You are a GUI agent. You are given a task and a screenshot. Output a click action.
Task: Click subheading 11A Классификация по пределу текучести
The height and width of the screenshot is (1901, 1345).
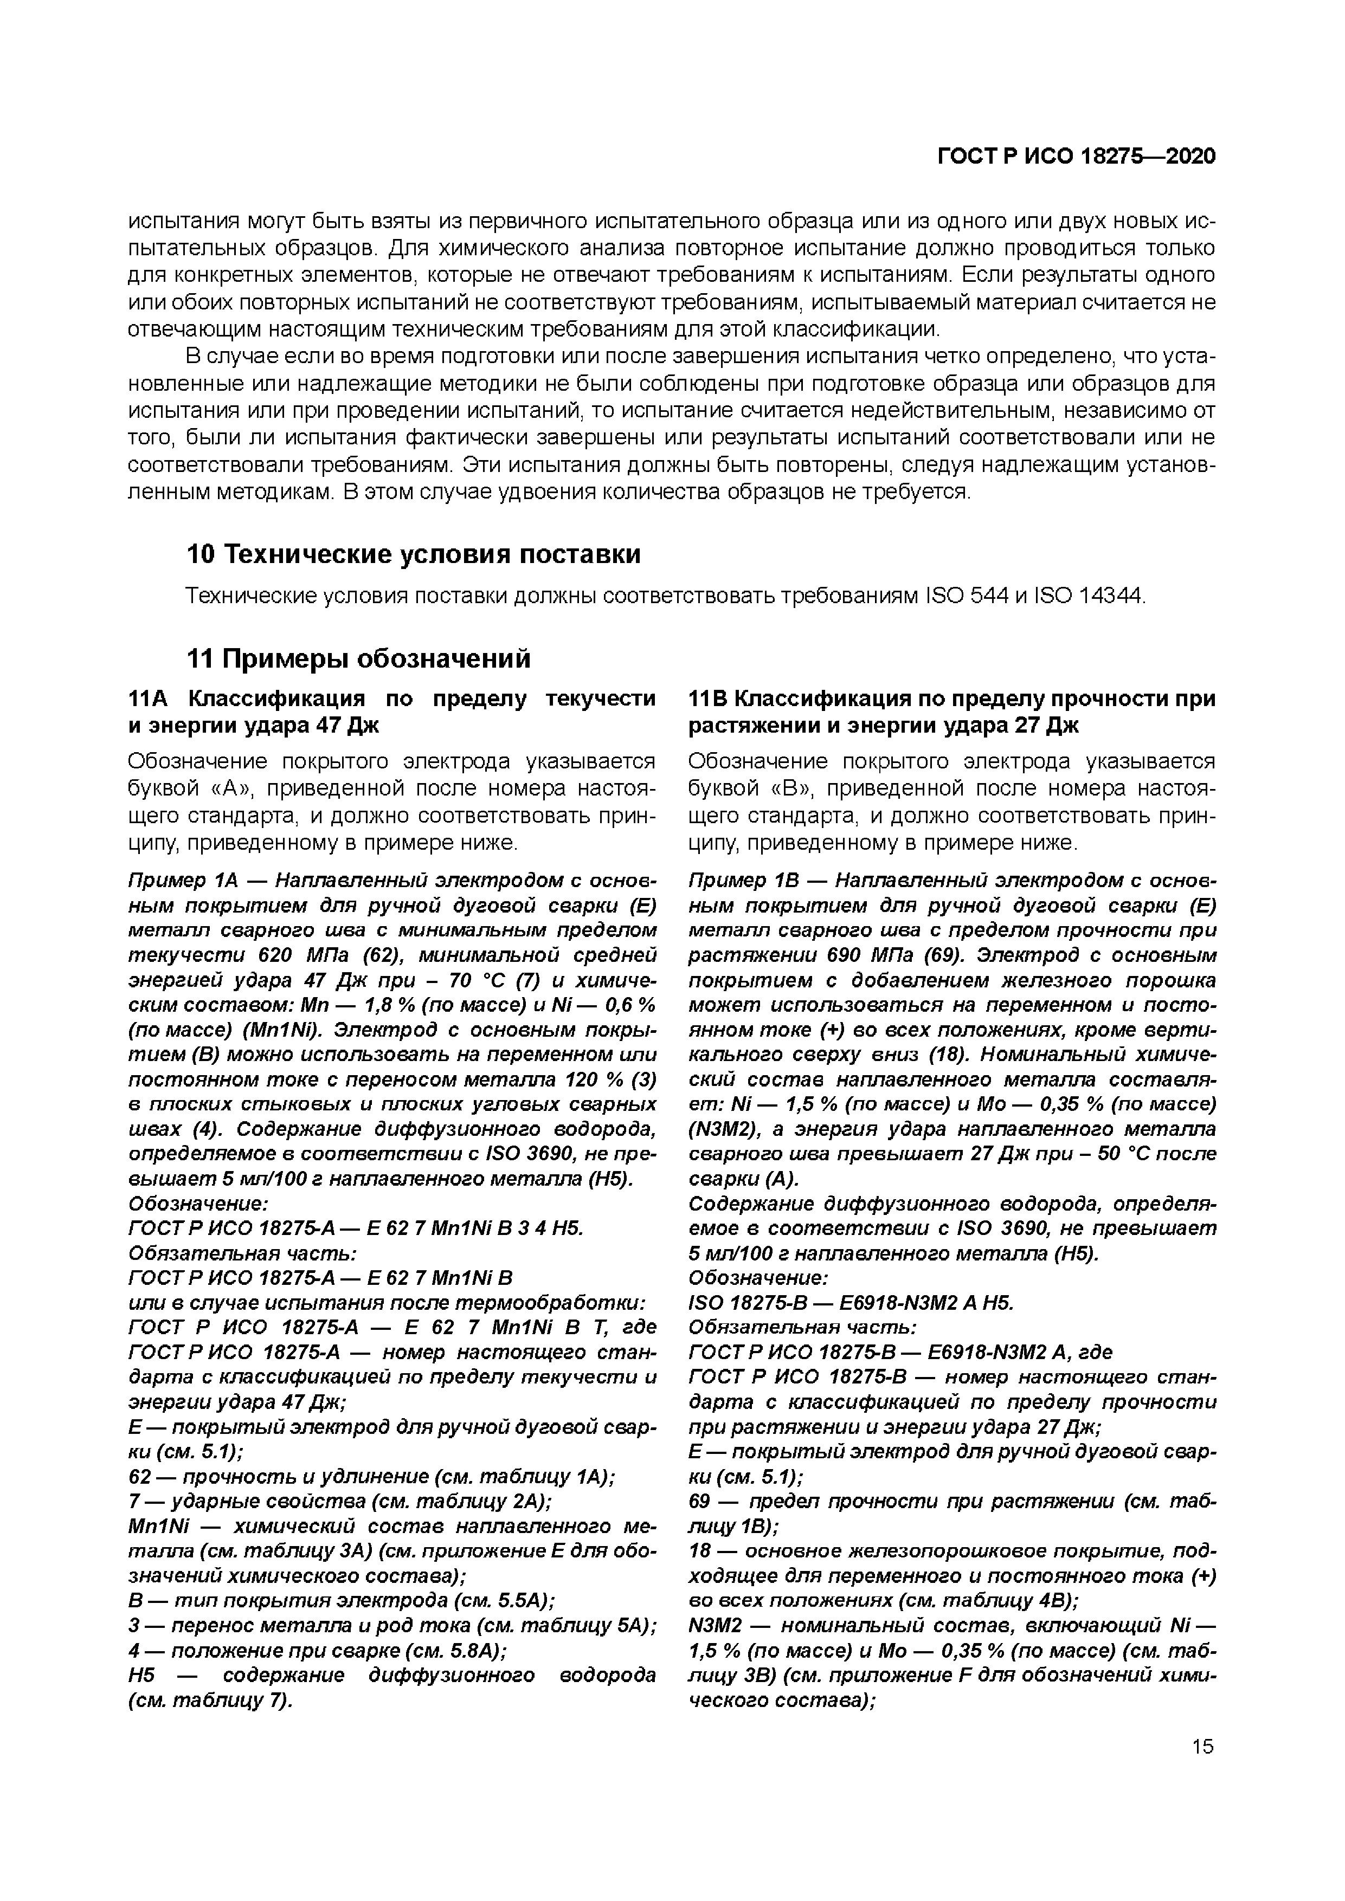392,699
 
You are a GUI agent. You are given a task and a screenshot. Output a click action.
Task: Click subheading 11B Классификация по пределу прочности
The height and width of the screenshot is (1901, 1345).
953,699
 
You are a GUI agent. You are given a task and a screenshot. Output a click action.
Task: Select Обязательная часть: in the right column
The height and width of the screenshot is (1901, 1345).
802,1327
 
